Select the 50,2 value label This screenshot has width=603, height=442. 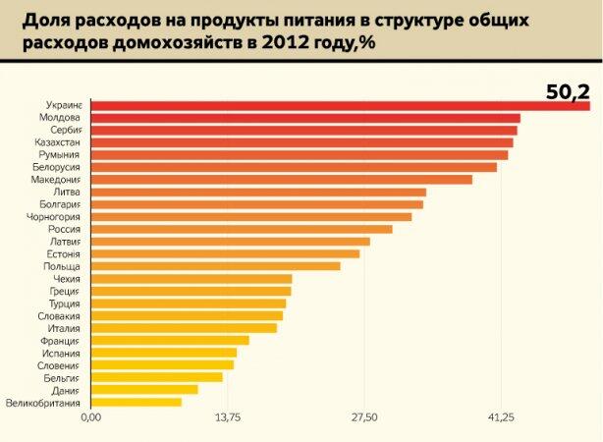click(569, 92)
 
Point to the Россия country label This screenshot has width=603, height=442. click(65, 229)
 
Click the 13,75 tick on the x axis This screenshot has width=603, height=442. click(227, 418)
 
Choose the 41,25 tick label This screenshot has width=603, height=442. click(501, 418)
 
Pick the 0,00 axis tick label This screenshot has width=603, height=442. click(90, 418)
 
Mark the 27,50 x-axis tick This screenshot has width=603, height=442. click(364, 418)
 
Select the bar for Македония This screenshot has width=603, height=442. click(281, 180)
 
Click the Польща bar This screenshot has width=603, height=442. click(215, 266)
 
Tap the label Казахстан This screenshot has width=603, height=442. click(58, 142)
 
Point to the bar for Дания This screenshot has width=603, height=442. click(143, 389)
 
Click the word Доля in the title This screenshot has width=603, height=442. click(44, 20)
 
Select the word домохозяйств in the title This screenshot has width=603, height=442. click(159, 43)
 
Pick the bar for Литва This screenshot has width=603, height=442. click(258, 192)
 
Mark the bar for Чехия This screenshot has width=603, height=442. click(191, 279)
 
